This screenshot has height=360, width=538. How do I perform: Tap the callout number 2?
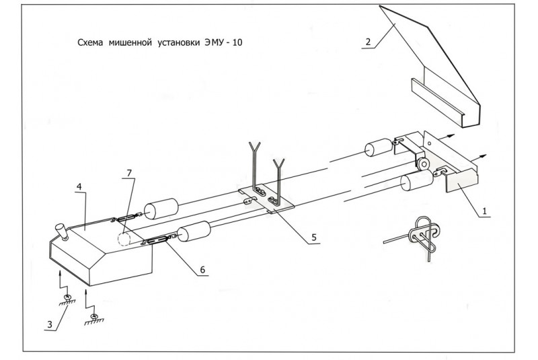coord(368,42)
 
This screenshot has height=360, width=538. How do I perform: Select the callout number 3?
coord(49,325)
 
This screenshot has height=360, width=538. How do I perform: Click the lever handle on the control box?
coord(61,231)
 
